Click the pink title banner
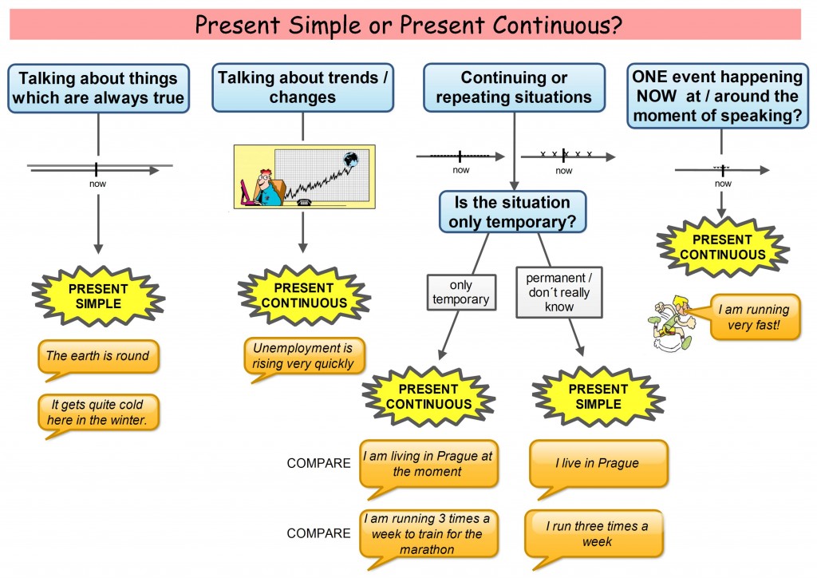click(x=408, y=25)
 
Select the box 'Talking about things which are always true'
click(x=98, y=88)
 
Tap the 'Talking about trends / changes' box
click(x=302, y=88)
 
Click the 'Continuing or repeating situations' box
click(x=514, y=88)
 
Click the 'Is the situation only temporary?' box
click(x=512, y=212)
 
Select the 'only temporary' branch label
click(x=461, y=292)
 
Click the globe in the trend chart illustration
click(x=350, y=160)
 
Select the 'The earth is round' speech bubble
click(x=97, y=355)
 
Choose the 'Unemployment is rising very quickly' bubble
click(x=302, y=356)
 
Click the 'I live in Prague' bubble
click(x=597, y=463)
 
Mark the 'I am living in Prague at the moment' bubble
click(x=428, y=463)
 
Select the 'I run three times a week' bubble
click(x=595, y=533)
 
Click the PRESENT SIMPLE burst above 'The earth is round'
click(x=97, y=296)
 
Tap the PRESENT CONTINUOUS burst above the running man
click(x=722, y=247)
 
